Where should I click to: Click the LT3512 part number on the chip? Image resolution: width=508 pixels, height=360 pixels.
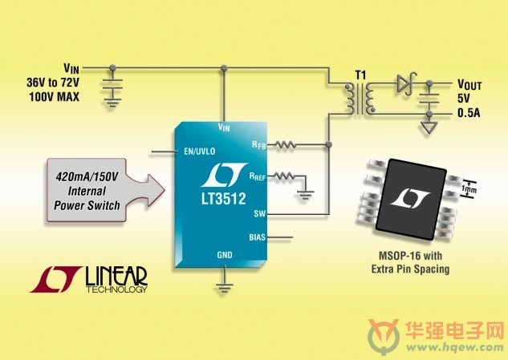[x=224, y=199]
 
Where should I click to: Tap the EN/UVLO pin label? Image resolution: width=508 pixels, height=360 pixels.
[x=199, y=152]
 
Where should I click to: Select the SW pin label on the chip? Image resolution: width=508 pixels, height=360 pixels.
[x=260, y=213]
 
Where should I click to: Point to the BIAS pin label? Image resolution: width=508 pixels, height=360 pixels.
[x=258, y=237]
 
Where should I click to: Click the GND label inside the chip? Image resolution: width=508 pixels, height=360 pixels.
[x=225, y=255]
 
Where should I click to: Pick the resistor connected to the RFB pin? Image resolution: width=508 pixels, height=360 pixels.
[x=285, y=144]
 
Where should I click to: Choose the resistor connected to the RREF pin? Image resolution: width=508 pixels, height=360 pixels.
[x=284, y=176]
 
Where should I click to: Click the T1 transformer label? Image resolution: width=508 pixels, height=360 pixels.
[x=360, y=75]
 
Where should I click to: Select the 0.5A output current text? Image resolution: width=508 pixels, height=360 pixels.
[x=469, y=113]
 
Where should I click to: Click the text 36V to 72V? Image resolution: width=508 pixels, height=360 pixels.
[x=53, y=83]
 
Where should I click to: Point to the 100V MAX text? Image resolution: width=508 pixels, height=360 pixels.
[x=54, y=97]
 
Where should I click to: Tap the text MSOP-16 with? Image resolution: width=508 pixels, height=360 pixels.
[x=410, y=256]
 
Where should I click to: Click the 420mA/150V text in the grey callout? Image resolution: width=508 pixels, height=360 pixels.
[x=87, y=176]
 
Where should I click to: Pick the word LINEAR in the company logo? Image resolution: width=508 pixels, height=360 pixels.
[x=116, y=276]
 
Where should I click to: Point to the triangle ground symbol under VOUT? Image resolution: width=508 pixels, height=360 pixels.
[x=429, y=127]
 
